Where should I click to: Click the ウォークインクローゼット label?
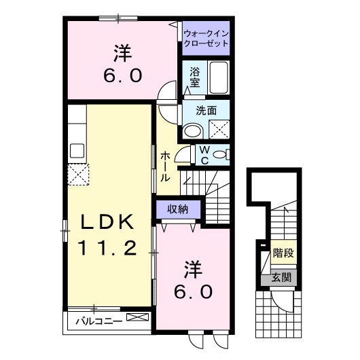tap(205, 37)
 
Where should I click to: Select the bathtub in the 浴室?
tap(217, 77)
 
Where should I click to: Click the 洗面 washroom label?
tap(206, 109)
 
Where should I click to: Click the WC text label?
tap(202, 156)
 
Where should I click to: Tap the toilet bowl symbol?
tap(219, 156)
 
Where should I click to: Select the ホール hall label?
tap(165, 166)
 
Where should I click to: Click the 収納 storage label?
tap(177, 209)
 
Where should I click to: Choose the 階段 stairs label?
tap(283, 253)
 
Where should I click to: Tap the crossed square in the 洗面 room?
tap(219, 129)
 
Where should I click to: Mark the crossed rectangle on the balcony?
tap(135, 318)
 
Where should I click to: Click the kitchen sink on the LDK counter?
tap(76, 151)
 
